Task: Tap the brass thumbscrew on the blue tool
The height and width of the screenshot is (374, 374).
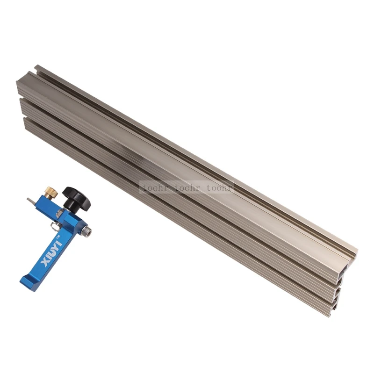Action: pos(52,193)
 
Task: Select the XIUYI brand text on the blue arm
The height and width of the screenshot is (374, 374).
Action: pos(51,252)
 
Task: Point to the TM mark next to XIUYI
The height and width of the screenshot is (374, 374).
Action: pos(58,237)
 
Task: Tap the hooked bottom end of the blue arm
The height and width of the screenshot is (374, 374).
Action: pos(27,282)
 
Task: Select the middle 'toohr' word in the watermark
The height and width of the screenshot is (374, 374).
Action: pos(187,188)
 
